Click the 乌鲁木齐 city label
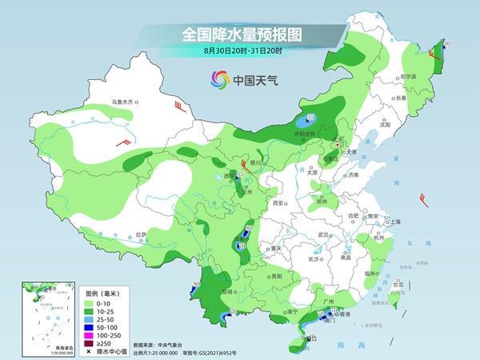[125, 102]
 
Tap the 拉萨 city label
[141, 234]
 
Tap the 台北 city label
[396, 282]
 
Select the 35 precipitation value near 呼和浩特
[310, 118]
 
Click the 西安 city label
[279, 204]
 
